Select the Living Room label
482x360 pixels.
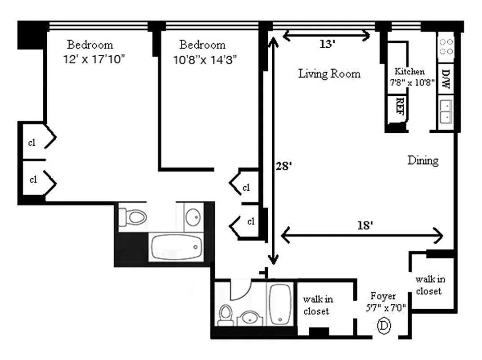tap(329, 74)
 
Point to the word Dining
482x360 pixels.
tap(423, 160)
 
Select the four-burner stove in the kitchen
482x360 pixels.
tap(446, 46)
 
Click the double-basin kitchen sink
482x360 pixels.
tap(446, 111)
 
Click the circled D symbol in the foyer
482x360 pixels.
tap(383, 324)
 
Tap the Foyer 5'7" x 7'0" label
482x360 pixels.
tap(385, 302)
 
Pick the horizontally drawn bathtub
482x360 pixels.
tap(176, 247)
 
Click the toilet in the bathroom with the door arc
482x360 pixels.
tap(225, 315)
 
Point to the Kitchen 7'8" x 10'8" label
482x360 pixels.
tap(409, 76)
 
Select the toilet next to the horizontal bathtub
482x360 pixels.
tap(135, 217)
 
